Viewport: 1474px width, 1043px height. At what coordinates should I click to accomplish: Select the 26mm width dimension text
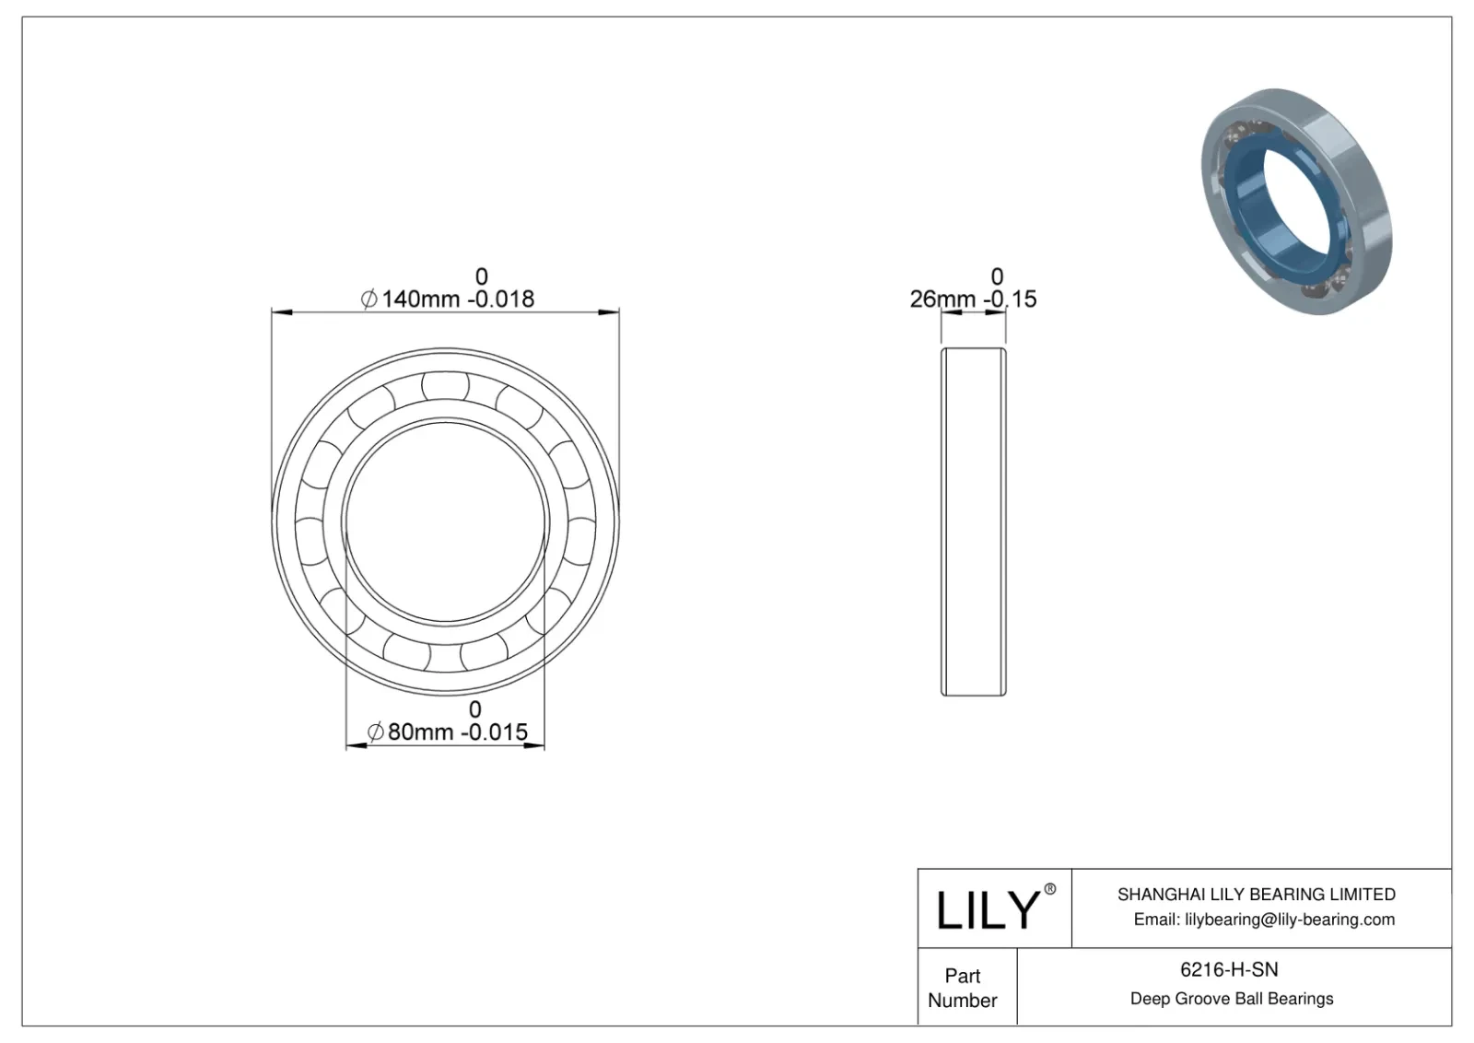pos(942,299)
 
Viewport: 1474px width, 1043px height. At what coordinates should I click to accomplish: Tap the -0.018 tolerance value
pos(499,299)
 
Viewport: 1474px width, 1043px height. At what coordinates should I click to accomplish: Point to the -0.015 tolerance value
pos(494,732)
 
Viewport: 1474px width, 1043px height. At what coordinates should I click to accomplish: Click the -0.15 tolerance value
pos(1010,299)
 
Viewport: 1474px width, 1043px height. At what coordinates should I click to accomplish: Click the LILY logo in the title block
pos(987,910)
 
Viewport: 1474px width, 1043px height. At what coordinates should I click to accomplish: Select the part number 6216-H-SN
pos(1229,969)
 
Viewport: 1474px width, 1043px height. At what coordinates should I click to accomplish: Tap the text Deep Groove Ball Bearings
pos(1231,999)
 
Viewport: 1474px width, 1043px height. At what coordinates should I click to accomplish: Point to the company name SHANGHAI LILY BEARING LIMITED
pos(1256,895)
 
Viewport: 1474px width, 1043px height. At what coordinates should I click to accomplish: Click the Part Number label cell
pos(963,988)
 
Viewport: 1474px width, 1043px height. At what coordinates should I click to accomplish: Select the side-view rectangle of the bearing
pos(973,521)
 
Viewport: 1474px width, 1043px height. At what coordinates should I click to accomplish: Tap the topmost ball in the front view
pos(445,384)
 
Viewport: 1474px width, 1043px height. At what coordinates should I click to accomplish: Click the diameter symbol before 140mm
pos(368,299)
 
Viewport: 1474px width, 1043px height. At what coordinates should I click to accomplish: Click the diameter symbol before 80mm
pos(375,732)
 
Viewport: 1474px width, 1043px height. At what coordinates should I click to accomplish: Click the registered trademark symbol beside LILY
pos(1049,889)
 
